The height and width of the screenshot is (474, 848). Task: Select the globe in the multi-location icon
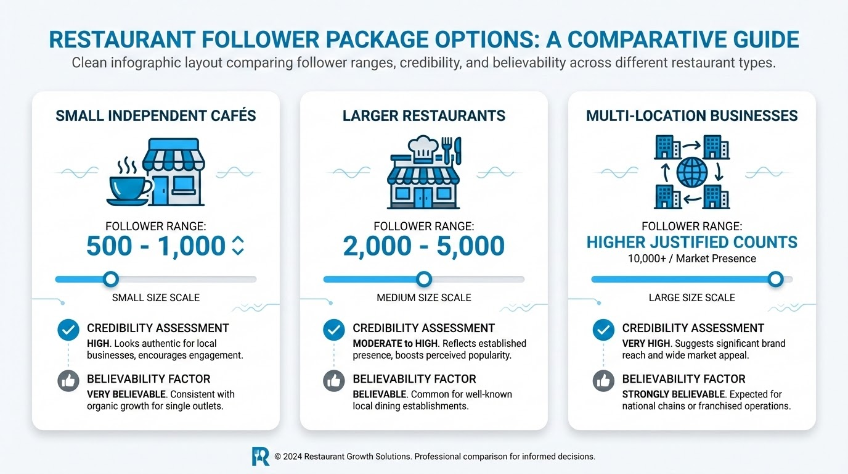coord(691,172)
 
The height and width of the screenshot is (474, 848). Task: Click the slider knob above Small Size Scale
coord(111,280)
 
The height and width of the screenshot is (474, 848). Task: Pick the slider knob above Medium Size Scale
coord(424,280)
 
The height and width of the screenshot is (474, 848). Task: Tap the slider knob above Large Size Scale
coord(776,280)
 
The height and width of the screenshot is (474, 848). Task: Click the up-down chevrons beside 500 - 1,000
coord(238,246)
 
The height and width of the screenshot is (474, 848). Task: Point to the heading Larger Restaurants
coord(424,115)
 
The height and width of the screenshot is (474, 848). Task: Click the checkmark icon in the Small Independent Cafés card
coord(68,330)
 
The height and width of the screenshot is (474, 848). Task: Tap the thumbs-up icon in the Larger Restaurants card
coord(333,381)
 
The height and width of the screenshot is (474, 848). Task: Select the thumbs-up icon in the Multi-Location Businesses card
coord(603,381)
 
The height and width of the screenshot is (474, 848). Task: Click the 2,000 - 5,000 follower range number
coord(424,246)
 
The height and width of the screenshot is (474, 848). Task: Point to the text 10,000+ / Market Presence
coord(691,259)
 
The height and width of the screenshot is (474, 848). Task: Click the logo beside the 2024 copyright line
coord(261,456)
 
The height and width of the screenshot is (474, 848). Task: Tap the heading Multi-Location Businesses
coord(691,115)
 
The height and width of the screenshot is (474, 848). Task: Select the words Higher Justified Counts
coord(691,243)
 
